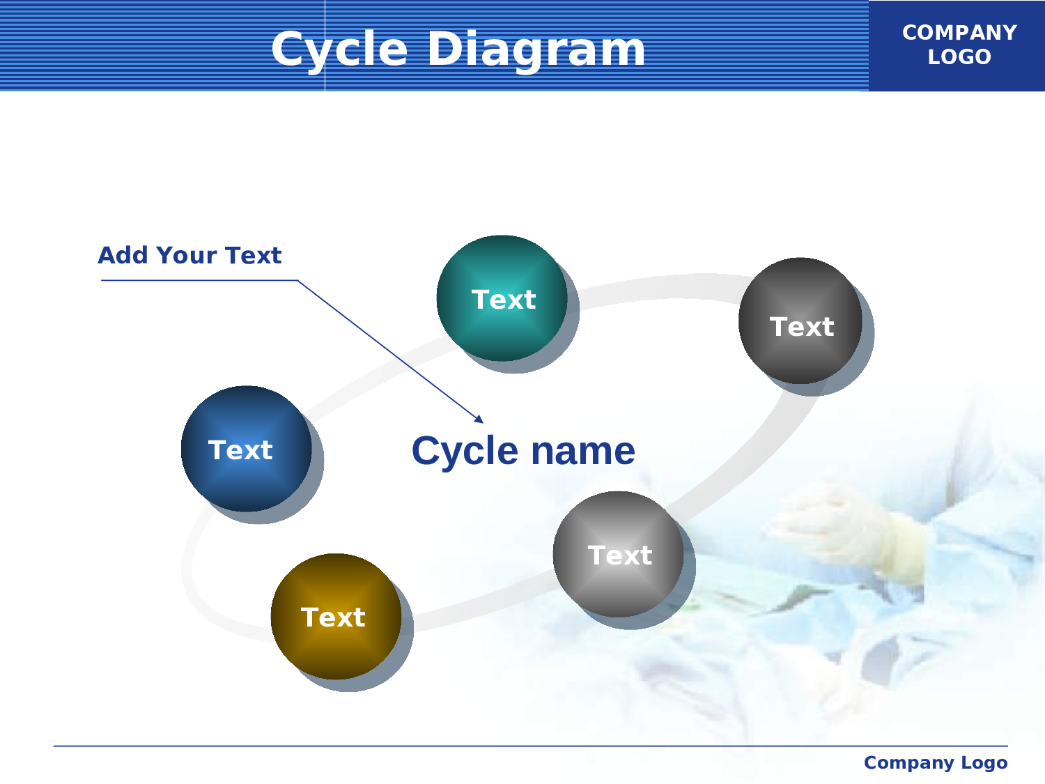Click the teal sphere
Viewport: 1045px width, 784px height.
click(x=502, y=298)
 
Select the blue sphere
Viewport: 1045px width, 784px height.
click(x=246, y=449)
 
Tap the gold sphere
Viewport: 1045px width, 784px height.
click(x=336, y=617)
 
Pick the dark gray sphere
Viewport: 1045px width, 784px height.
click(x=800, y=321)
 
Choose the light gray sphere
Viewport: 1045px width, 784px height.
click(x=619, y=554)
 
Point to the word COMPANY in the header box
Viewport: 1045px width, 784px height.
click(x=959, y=33)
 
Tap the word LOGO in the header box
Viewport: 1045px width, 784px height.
click(x=959, y=57)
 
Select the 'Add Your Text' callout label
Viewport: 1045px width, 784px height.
click(x=189, y=255)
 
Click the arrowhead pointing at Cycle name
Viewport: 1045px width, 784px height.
click(x=479, y=420)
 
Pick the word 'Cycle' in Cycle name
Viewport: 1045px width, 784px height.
click(x=465, y=452)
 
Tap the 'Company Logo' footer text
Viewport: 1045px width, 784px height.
click(x=936, y=762)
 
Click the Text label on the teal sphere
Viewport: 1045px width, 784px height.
click(x=504, y=300)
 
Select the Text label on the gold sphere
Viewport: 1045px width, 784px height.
click(x=333, y=617)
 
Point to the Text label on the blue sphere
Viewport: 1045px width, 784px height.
click(x=240, y=450)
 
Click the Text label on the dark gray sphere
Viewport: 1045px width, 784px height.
click(x=802, y=327)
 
